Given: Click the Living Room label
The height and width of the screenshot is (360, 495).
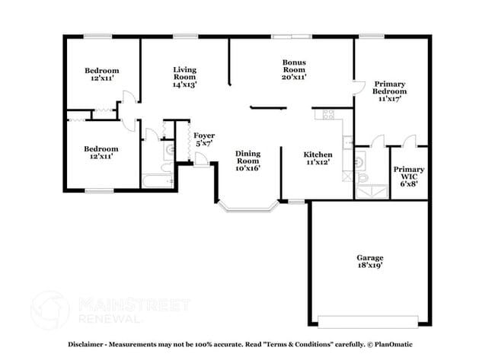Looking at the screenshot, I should pos(184,77).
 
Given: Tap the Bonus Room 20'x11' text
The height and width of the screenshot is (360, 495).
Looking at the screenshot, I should pos(294,70).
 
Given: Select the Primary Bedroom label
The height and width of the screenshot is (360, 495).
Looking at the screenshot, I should pos(388,91).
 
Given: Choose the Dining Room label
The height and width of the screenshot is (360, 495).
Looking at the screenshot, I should pos(247,161).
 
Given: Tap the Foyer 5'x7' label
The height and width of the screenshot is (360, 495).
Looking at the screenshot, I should pos(204,139).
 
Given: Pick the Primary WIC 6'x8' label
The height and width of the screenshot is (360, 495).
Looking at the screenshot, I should pos(409,176).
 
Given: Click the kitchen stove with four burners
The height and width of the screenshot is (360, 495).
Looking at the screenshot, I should pos(329,115).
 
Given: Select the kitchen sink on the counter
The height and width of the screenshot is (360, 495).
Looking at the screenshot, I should pos(347,139).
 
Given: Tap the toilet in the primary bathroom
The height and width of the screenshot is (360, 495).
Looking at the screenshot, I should pos(362,177).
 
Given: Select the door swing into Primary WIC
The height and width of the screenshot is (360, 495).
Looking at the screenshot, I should pos(410,140).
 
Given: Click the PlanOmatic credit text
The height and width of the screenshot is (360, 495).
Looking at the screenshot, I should pos(398,343).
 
